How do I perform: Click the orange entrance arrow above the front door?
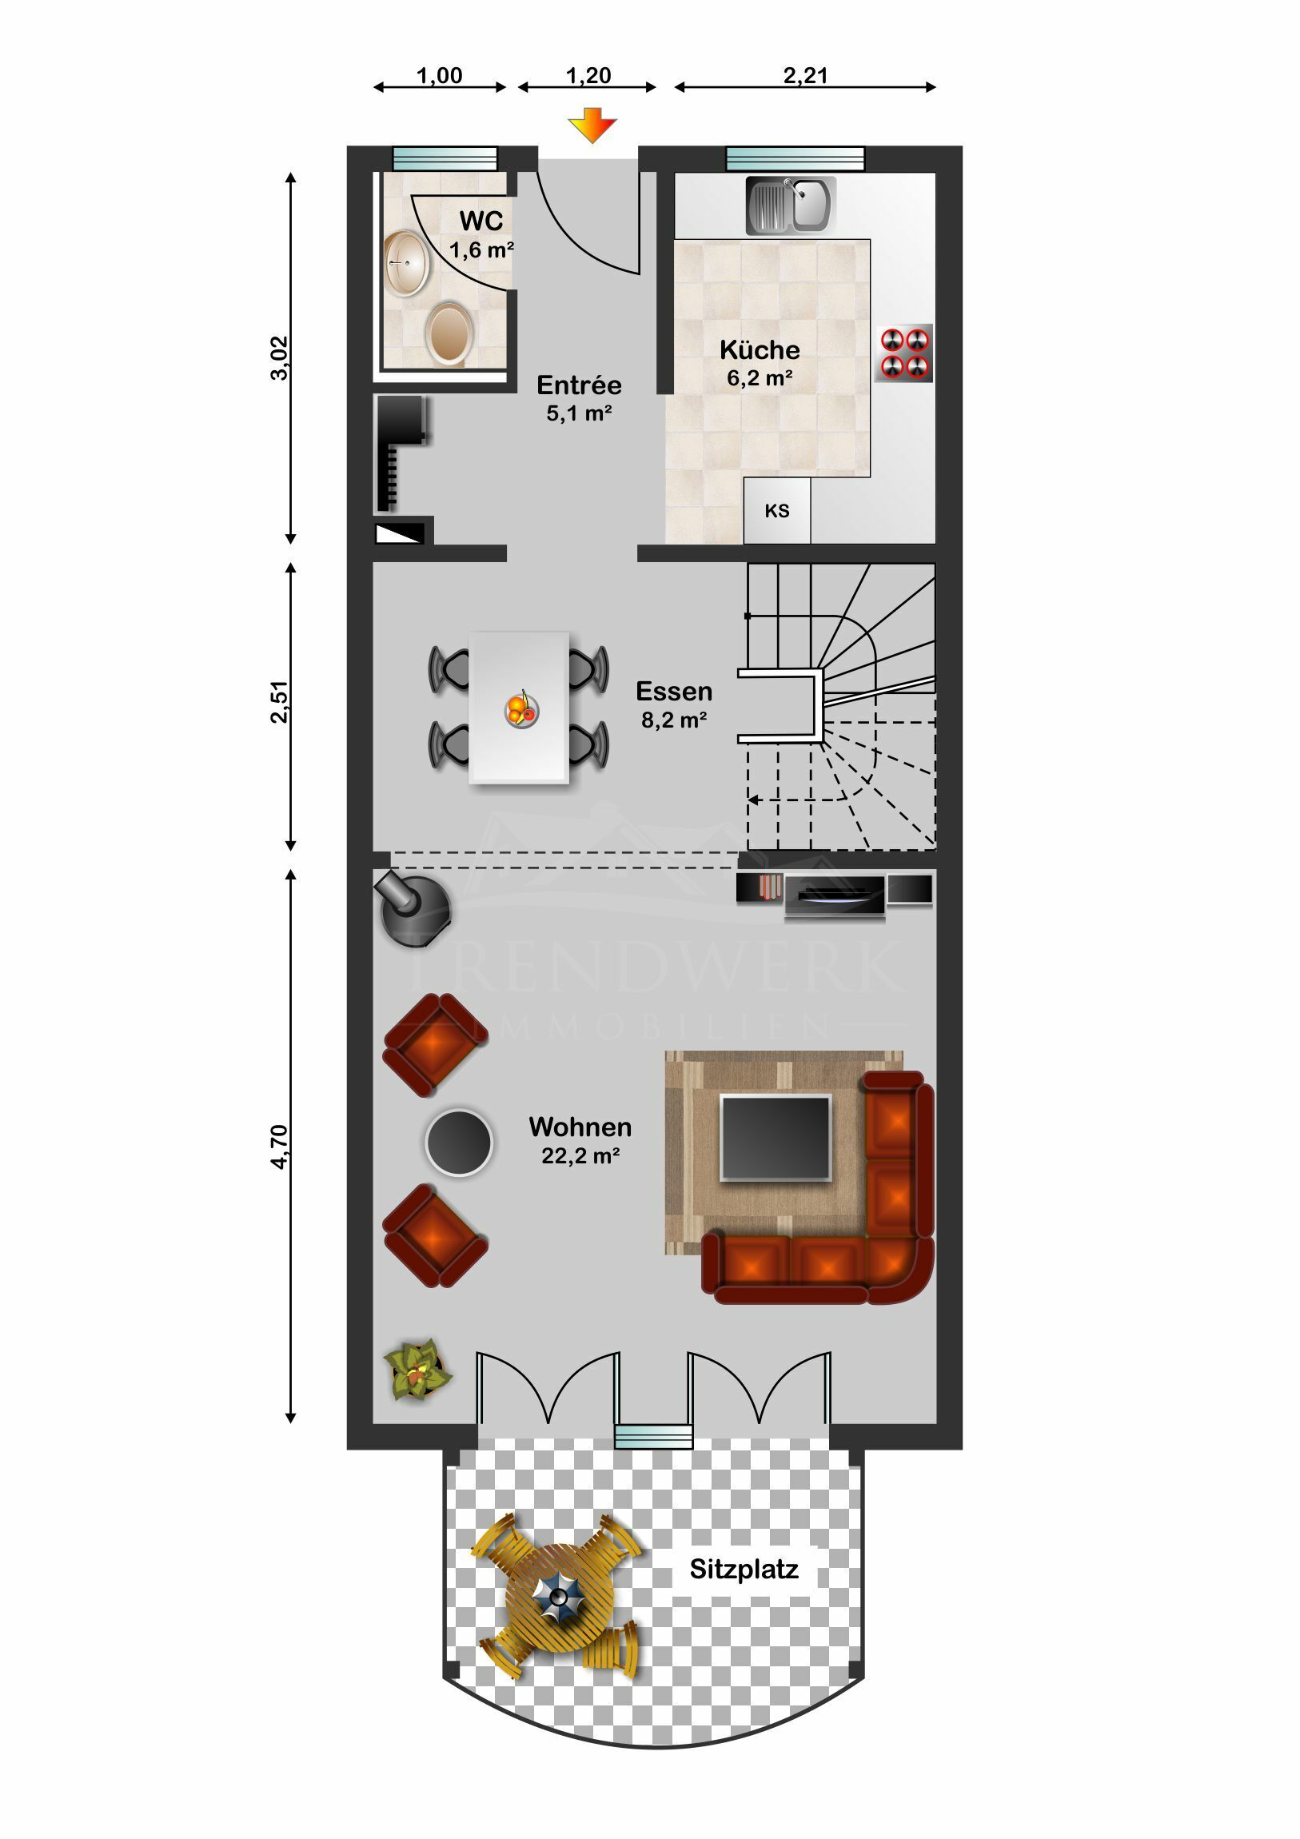click(592, 125)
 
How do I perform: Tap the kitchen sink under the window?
click(791, 205)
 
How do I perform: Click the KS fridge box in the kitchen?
click(777, 510)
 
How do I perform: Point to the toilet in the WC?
click(449, 334)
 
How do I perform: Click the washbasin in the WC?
click(407, 263)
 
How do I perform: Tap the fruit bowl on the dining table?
click(521, 709)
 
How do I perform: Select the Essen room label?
click(674, 692)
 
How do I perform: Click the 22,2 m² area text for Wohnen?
click(580, 1156)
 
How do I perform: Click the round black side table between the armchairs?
click(458, 1143)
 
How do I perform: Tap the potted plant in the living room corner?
click(417, 1370)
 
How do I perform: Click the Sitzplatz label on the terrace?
click(744, 1569)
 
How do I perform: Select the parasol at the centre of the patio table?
click(557, 1598)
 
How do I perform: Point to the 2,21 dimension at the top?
click(805, 75)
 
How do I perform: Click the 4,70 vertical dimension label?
click(278, 1147)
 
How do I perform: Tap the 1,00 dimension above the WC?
click(439, 75)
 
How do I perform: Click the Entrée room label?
click(579, 385)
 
